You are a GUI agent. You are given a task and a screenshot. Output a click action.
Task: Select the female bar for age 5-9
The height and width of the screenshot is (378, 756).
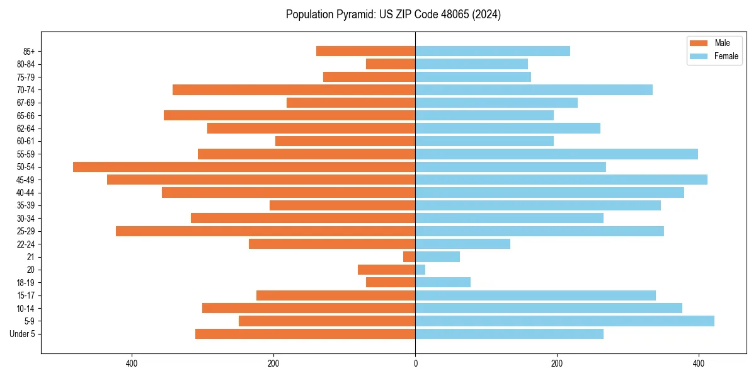point(564,321)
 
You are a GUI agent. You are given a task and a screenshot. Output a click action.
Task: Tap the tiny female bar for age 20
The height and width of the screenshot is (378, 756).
point(420,270)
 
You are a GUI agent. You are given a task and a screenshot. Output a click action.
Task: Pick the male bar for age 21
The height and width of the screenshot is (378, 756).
point(409,257)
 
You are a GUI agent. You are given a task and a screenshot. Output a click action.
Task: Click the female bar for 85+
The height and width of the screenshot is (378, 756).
point(493,51)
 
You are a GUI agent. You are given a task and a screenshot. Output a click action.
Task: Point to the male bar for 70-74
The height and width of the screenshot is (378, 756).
point(294,90)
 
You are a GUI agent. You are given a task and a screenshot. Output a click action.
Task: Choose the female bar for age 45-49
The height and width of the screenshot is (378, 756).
point(561,180)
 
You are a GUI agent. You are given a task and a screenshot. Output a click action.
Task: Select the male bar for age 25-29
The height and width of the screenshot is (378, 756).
point(265,231)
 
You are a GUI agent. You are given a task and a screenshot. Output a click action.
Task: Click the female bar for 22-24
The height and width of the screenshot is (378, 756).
point(462,244)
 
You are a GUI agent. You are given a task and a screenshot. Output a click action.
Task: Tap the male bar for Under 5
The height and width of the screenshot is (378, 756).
point(305,334)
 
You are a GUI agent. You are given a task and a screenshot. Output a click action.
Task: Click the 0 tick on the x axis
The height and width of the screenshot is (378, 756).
point(415,364)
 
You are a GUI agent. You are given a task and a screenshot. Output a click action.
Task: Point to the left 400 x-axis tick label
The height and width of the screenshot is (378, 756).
point(132,364)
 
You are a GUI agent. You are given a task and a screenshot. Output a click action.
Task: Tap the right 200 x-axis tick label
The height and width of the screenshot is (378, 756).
point(557,364)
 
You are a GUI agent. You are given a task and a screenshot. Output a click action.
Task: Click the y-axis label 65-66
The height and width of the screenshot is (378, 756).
point(26,116)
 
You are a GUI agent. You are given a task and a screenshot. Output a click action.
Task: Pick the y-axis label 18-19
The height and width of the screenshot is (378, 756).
point(26,283)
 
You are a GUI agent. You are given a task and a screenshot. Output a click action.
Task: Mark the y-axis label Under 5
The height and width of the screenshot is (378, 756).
point(23,334)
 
